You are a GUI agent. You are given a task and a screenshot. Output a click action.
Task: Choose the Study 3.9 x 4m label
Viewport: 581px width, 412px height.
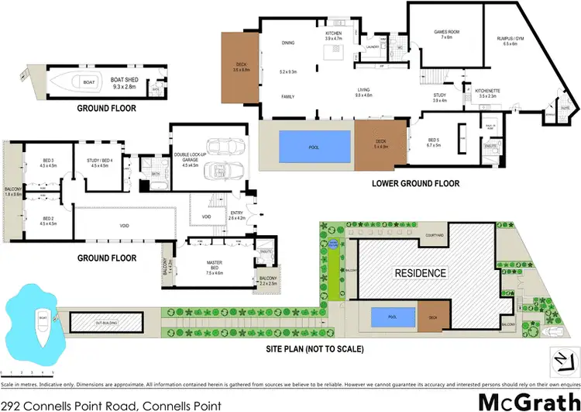pyautogui.click(x=439, y=97)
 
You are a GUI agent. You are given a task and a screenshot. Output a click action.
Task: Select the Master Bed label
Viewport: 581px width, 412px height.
pyautogui.click(x=214, y=269)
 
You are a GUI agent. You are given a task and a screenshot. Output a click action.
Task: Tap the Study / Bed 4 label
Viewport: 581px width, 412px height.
pyautogui.click(x=104, y=162)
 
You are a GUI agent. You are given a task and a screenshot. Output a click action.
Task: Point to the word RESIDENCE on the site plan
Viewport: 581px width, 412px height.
pyautogui.click(x=421, y=273)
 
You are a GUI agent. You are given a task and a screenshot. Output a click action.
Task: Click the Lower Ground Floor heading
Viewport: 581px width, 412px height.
pyautogui.click(x=415, y=184)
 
